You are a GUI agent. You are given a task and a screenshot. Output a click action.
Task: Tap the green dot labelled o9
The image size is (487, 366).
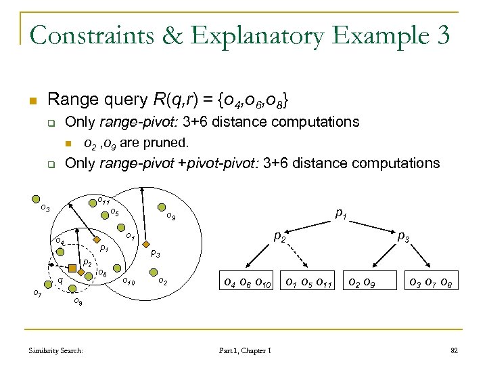[160, 207]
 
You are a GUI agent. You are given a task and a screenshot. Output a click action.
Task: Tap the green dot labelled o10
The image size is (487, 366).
[119, 270]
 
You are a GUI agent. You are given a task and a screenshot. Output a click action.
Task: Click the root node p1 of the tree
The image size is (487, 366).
[342, 213]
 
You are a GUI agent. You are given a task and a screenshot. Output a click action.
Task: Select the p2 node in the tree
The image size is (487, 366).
[277, 238]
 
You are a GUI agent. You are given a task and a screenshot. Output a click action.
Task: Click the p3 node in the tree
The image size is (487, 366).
[403, 237]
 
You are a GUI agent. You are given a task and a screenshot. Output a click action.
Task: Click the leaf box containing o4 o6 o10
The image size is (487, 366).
[247, 282]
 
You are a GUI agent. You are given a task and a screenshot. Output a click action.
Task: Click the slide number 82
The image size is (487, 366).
[454, 350]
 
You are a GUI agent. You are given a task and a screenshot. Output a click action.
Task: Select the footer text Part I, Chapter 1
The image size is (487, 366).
[245, 350]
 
